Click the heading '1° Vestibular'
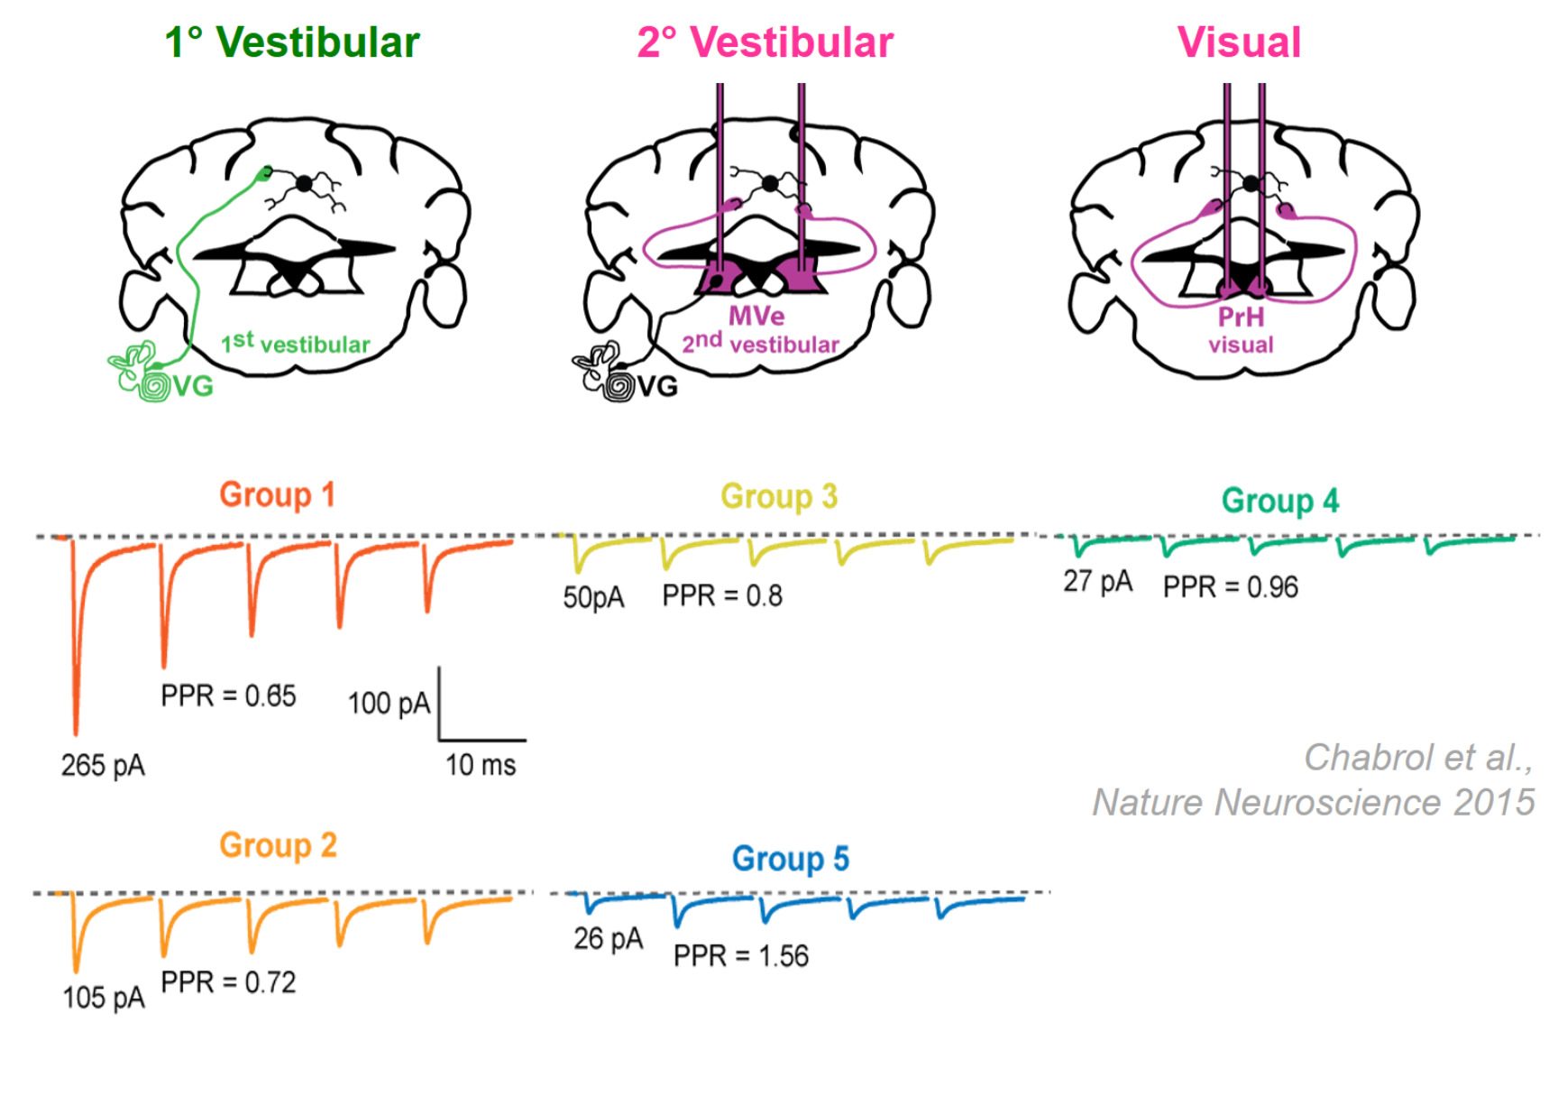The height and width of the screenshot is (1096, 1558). pyautogui.click(x=292, y=42)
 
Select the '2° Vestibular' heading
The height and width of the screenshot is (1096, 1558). pyautogui.click(x=765, y=42)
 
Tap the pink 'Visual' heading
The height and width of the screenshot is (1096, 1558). pyautogui.click(x=1239, y=42)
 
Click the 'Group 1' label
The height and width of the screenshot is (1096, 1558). pyautogui.click(x=277, y=494)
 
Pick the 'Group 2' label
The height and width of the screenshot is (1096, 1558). pyautogui.click(x=278, y=845)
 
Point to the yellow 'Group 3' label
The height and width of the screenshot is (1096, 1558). pyautogui.click(x=779, y=496)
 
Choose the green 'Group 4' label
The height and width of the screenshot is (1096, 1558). pyautogui.click(x=1279, y=501)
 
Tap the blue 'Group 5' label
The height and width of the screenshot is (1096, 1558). pyautogui.click(x=790, y=859)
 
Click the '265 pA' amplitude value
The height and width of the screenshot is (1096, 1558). pyautogui.click(x=103, y=765)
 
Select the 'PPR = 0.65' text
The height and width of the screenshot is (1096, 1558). pyautogui.click(x=228, y=695)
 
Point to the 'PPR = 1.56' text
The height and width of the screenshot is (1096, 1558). pyautogui.click(x=740, y=955)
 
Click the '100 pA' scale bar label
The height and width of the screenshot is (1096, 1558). pyautogui.click(x=389, y=704)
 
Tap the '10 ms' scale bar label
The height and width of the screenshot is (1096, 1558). pyautogui.click(x=481, y=765)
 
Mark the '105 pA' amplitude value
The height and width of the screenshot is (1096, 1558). pyautogui.click(x=103, y=997)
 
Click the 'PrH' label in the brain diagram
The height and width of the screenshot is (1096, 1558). pyautogui.click(x=1241, y=317)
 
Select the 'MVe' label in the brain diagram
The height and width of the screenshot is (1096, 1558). pyautogui.click(x=756, y=316)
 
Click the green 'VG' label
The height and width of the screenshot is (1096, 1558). pyautogui.click(x=193, y=386)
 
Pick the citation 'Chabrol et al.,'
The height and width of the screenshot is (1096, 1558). pyautogui.click(x=1418, y=758)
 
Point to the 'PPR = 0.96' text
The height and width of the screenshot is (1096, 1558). pyautogui.click(x=1230, y=587)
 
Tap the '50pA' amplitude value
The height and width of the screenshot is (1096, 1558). pyautogui.click(x=593, y=597)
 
